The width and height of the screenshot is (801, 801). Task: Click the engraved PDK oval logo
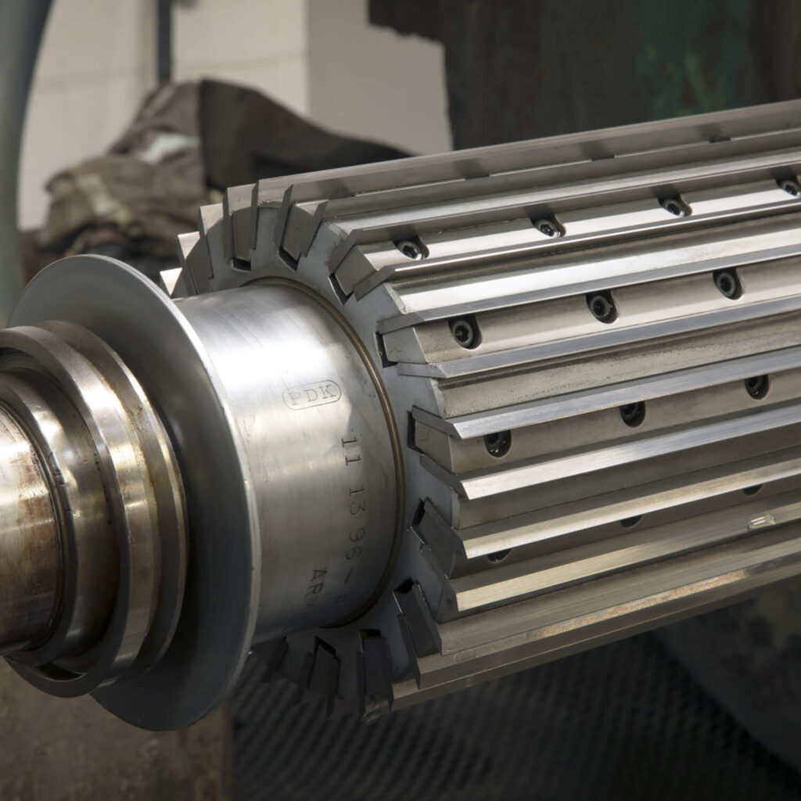pyautogui.click(x=311, y=394)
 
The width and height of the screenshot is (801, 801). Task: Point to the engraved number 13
pyautogui.click(x=357, y=496)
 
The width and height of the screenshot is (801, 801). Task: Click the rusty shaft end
pyautogui.click(x=23, y=532)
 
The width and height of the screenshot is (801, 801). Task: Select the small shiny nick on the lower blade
pyautogui.click(x=760, y=521)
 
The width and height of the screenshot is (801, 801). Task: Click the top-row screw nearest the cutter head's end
pyautogui.click(x=411, y=250)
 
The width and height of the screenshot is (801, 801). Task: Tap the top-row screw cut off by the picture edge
pyautogui.click(x=788, y=186)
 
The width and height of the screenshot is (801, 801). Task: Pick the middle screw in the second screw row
pyautogui.click(x=602, y=306)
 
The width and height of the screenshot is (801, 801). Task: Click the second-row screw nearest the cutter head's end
pyautogui.click(x=464, y=332)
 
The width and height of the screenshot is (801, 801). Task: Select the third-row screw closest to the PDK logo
pyautogui.click(x=497, y=443)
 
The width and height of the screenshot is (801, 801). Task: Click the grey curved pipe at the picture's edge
pyautogui.click(x=16, y=117)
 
